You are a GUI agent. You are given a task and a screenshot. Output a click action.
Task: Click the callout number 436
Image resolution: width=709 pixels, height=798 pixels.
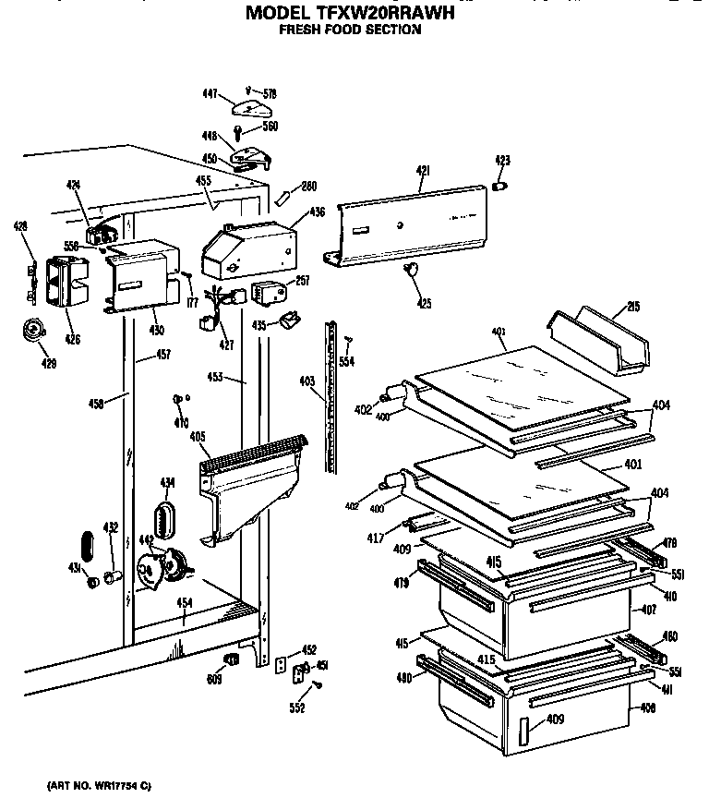point(317,212)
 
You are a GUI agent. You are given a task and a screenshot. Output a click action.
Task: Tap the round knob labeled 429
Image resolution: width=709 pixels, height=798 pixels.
point(35,330)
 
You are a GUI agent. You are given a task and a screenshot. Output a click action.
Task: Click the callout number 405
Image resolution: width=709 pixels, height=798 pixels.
point(197,437)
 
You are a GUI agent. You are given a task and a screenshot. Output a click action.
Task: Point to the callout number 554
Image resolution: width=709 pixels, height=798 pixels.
point(346,361)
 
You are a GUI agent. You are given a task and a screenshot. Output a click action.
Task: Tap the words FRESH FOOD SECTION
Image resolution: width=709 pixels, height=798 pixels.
point(350,30)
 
